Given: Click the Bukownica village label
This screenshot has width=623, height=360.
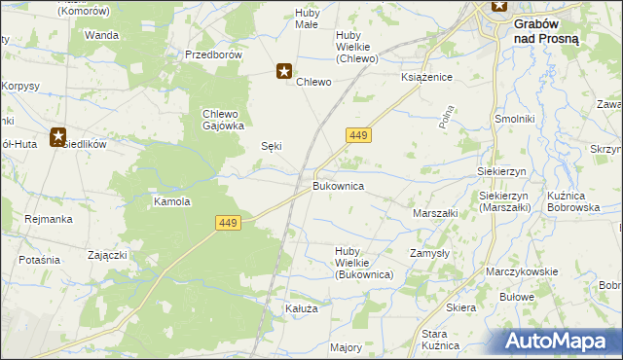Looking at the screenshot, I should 338,184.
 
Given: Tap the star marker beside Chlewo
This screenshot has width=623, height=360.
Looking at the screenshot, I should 284,71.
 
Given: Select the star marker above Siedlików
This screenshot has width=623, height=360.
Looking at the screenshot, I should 58,138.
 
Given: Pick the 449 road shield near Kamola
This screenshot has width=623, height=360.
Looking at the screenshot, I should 227,224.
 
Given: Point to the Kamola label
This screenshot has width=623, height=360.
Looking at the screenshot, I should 171,202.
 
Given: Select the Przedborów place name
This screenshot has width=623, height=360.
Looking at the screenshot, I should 213,54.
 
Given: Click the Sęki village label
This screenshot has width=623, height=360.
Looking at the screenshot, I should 272,146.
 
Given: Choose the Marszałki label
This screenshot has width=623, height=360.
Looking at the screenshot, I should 435,212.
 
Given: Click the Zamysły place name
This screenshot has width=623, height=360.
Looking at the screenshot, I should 428,251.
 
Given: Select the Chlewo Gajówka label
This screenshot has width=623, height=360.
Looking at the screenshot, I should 223,119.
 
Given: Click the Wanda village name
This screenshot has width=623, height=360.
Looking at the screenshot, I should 101,35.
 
